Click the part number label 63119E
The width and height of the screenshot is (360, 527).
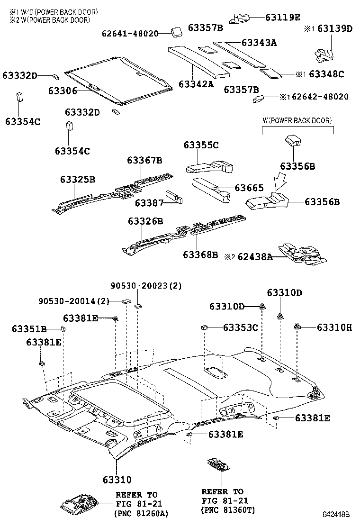283,18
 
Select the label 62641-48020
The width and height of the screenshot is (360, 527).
130,33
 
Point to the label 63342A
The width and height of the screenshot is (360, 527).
196,84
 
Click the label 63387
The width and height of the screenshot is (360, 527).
149,203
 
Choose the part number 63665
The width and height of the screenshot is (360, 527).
249,188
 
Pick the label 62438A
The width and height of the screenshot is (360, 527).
255,257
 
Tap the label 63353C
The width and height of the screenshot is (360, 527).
240,327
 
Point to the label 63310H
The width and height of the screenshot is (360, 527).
334,327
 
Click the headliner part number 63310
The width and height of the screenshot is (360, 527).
116,480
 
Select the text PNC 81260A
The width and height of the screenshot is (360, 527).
141,513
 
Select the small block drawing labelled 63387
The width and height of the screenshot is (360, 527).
174,197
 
